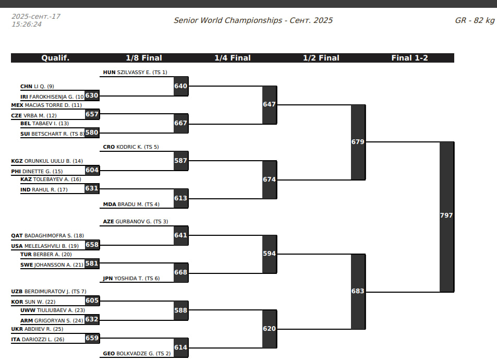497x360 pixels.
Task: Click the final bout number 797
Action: point(446,215)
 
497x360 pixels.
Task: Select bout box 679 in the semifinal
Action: point(358,142)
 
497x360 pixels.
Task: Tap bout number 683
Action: point(358,291)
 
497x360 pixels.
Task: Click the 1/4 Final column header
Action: point(233,58)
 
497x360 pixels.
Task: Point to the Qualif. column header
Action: point(55,58)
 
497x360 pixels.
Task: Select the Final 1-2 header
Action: point(409,58)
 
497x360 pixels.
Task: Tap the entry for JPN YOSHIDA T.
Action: point(131,279)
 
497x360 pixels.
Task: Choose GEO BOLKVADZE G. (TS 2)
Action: point(137,354)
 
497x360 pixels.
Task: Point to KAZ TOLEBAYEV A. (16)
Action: point(51,179)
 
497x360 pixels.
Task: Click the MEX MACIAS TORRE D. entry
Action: point(46,105)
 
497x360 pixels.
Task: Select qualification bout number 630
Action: point(92,96)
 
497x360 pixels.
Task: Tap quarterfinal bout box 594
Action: point(269,254)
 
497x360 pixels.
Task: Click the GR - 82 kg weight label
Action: point(474,21)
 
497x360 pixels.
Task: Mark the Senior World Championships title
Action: point(253,21)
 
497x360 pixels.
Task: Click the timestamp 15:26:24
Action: point(27,24)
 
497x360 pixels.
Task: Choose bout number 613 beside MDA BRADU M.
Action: point(180,199)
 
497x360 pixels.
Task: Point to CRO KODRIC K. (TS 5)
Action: point(131,147)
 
